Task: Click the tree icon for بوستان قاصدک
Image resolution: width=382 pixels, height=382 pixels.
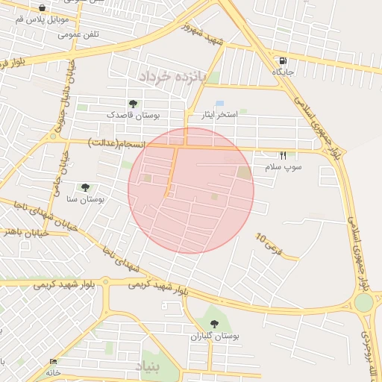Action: (133, 104)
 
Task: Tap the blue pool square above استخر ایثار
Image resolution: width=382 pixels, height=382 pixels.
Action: (219, 103)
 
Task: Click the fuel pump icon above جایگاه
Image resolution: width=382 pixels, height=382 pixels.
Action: (283, 60)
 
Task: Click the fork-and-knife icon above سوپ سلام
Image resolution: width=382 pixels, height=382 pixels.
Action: (283, 155)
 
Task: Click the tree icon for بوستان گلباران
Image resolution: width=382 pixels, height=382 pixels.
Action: (215, 324)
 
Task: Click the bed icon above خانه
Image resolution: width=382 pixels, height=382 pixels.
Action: (52, 361)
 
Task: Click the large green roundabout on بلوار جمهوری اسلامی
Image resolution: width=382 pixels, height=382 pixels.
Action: (363, 303)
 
